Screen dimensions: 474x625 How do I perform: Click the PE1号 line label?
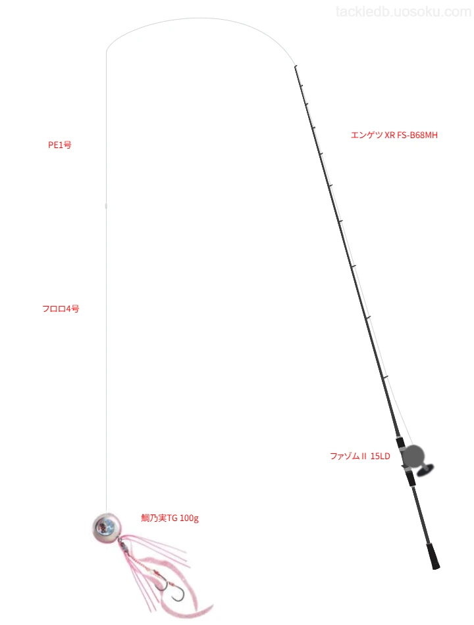click(60, 145)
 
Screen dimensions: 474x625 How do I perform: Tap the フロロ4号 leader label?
click(61, 309)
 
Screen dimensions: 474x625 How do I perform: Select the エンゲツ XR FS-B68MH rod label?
click(394, 135)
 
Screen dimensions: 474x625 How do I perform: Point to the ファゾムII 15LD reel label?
click(360, 456)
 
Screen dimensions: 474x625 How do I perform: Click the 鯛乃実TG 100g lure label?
click(170, 518)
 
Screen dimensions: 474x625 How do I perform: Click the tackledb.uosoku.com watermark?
click(404, 12)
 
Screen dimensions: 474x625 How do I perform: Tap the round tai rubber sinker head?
click(106, 527)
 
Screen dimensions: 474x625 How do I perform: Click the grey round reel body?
click(413, 456)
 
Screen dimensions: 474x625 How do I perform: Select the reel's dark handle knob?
click(425, 470)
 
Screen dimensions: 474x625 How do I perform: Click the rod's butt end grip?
click(433, 555)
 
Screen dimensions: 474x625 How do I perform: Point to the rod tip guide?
click(295, 66)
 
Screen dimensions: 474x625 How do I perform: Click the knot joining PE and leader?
click(106, 206)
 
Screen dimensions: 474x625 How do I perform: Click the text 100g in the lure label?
click(189, 518)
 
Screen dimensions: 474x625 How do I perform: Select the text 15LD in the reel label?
click(381, 456)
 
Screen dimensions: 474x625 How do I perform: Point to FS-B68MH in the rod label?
click(417, 135)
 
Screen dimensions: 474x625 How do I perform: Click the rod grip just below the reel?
click(411, 478)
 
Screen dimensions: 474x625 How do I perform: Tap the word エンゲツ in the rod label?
click(367, 135)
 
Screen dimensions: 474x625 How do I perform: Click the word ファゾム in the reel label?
click(345, 456)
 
